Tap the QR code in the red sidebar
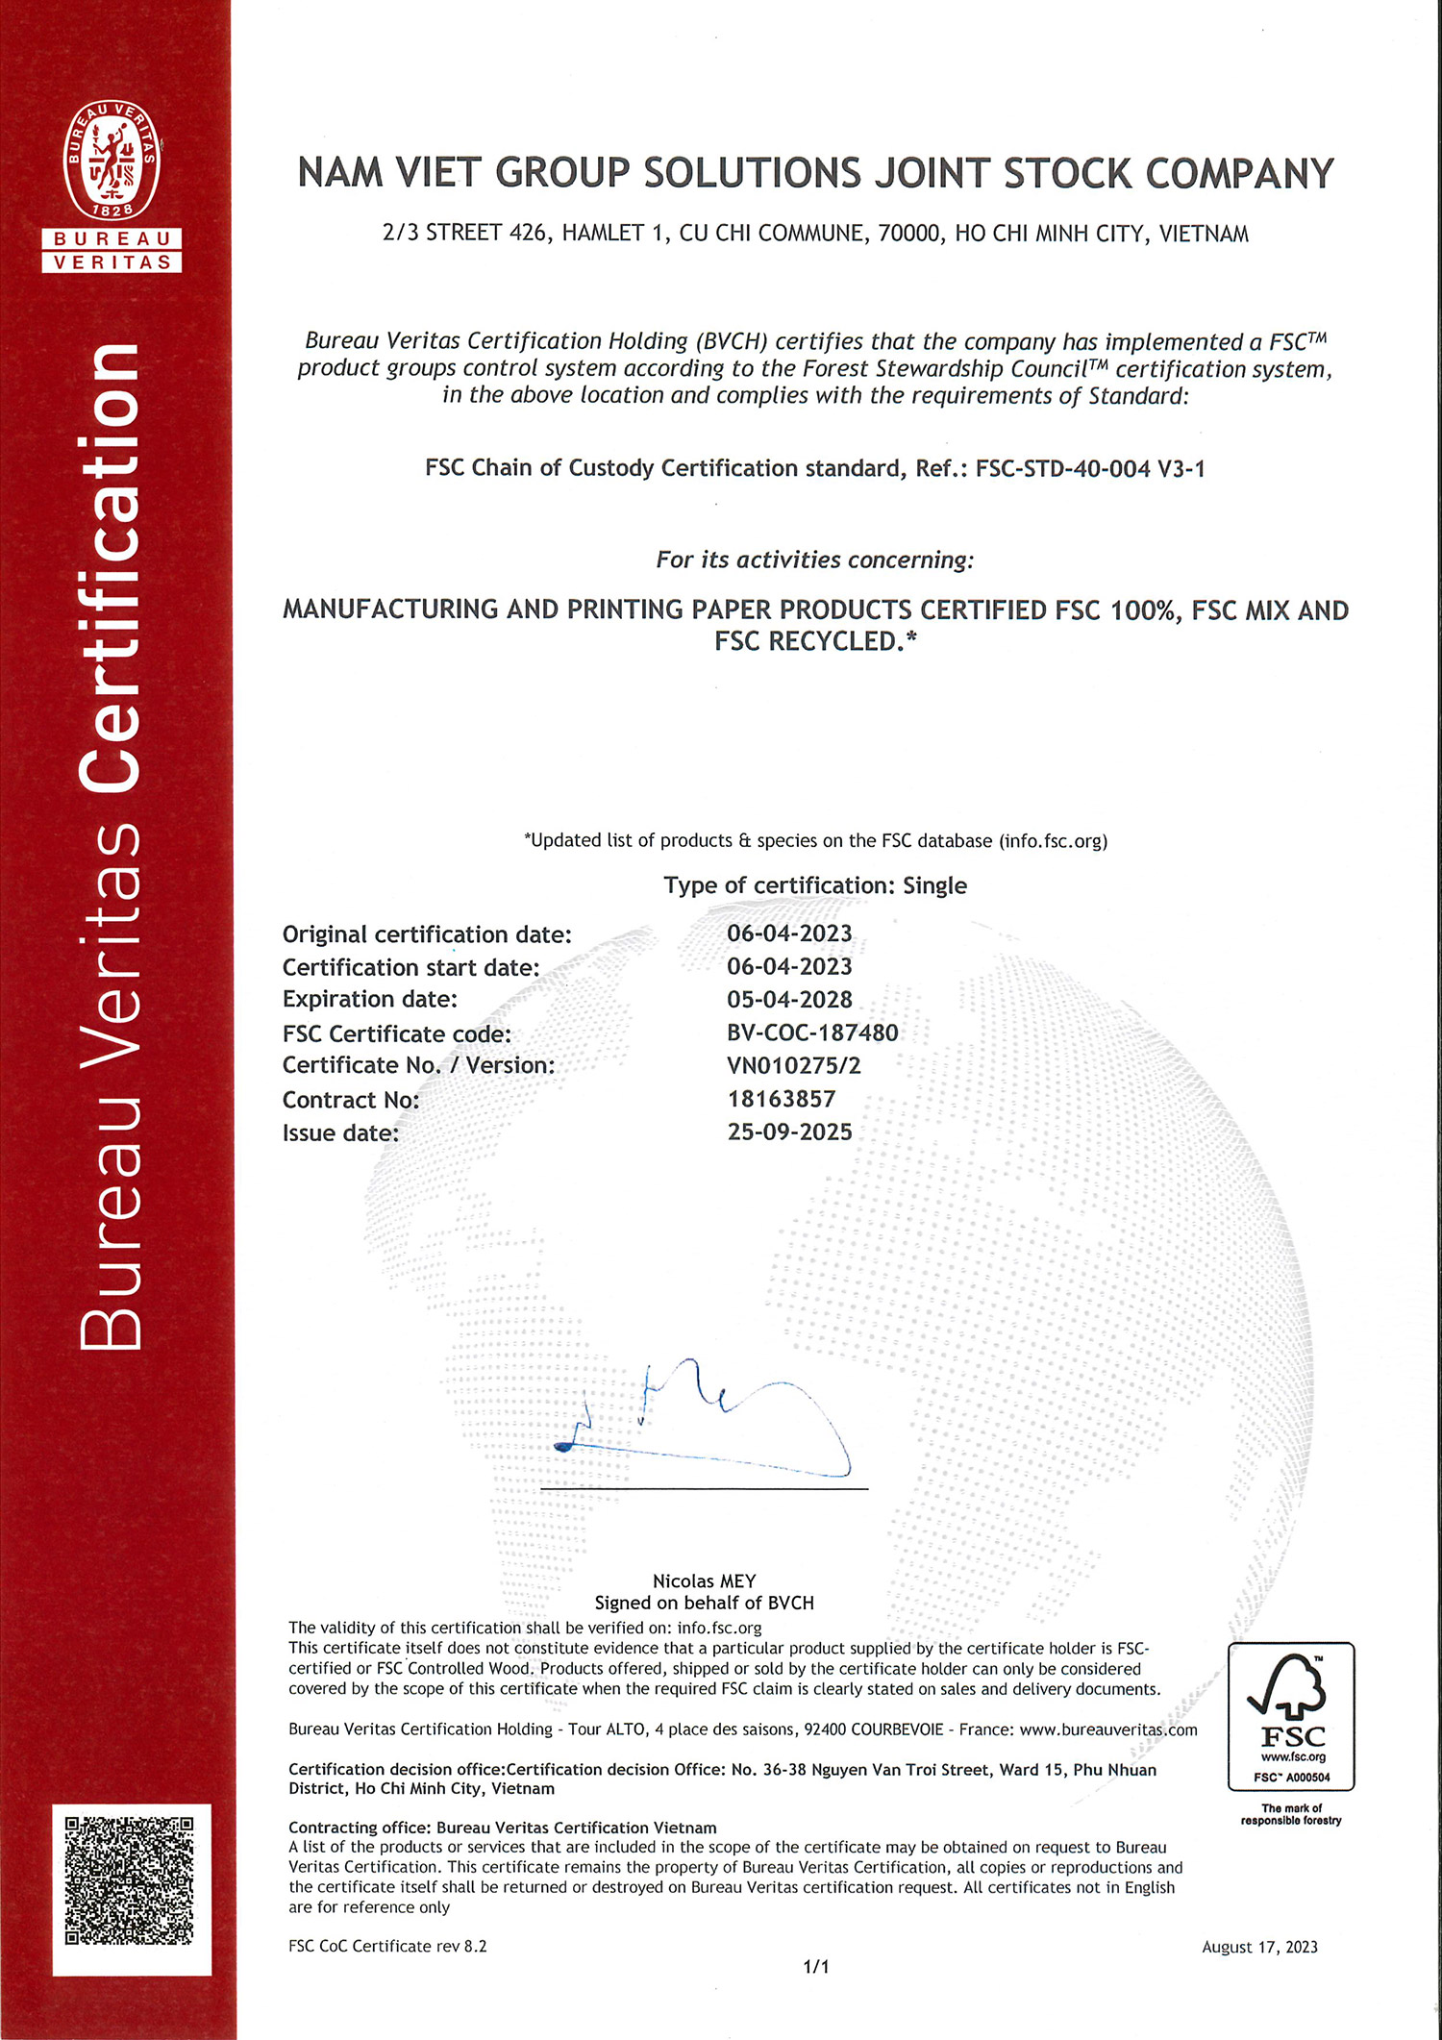tap(130, 1880)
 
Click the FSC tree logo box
tap(1291, 1716)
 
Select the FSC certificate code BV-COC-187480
tap(812, 1032)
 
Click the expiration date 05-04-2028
tap(789, 1000)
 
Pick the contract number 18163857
tap(782, 1099)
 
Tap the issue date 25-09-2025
tap(789, 1132)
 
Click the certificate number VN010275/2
tap(794, 1065)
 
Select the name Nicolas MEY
tap(704, 1581)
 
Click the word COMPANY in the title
tap(1239, 174)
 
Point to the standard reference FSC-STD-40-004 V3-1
tap(1090, 469)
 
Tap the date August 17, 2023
tap(1259, 1947)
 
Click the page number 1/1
tap(815, 1967)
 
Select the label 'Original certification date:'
tap(427, 934)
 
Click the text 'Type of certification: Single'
tap(815, 885)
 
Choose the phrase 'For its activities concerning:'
tap(814, 560)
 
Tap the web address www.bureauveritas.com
tap(1108, 1729)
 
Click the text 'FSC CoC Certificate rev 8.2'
tap(387, 1946)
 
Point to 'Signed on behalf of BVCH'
tap(704, 1603)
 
